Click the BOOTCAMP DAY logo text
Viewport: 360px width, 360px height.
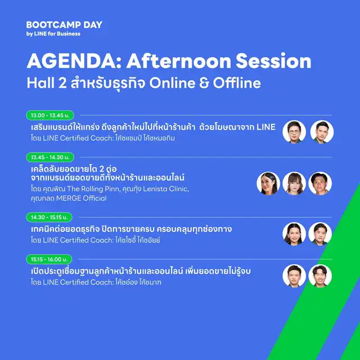(x=64, y=25)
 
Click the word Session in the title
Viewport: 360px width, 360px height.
(x=273, y=61)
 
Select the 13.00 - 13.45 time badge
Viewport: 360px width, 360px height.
(x=50, y=115)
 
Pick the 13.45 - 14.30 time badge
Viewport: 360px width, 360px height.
(x=50, y=157)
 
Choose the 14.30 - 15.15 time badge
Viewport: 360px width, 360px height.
(x=49, y=217)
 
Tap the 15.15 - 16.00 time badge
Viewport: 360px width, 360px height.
(x=49, y=259)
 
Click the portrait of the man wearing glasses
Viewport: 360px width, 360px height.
(x=294, y=132)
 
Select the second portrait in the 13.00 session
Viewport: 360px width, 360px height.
(x=322, y=132)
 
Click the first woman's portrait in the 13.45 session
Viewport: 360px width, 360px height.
(x=268, y=183)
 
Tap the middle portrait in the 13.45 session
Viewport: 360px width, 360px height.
(x=294, y=183)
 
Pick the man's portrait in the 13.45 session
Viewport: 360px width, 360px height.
(x=320, y=183)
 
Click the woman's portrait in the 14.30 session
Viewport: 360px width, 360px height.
(x=294, y=234)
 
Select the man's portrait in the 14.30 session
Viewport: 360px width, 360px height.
(x=320, y=234)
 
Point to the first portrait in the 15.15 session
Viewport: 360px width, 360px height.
(x=294, y=276)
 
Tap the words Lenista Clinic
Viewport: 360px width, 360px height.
(x=166, y=189)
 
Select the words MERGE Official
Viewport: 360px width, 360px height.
(x=81, y=198)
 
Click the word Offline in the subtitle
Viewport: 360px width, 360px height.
(x=237, y=83)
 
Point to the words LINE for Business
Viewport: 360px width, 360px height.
(x=57, y=34)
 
